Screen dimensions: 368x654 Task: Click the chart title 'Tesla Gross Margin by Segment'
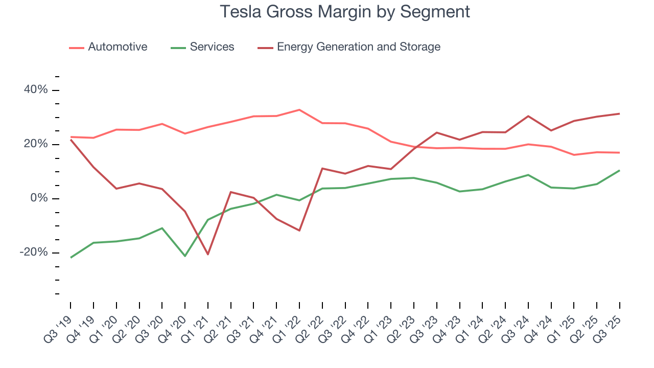[345, 12]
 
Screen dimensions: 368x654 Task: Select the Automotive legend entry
[117, 47]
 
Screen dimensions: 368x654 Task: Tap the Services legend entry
[212, 47]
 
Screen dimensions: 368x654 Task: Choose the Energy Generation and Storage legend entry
[358, 47]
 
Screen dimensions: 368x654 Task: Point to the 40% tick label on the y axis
[35, 90]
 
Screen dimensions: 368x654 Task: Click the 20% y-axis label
[35, 144]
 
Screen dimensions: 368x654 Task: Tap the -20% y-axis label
[34, 252]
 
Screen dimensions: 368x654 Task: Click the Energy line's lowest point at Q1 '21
[208, 255]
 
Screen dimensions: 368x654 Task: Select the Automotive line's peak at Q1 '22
[299, 110]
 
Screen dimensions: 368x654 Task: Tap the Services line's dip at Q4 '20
[185, 256]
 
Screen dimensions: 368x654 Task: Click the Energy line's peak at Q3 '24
[528, 116]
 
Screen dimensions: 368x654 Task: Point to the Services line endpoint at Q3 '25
[620, 170]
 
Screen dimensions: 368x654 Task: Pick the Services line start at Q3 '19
[71, 258]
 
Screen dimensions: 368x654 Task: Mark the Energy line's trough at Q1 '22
[299, 231]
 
